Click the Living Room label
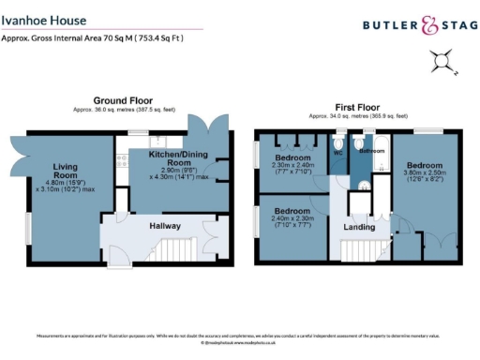click(x=63, y=172)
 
